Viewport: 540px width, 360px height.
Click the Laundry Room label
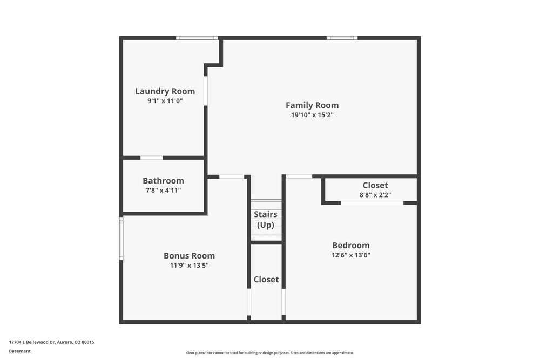pos(165,91)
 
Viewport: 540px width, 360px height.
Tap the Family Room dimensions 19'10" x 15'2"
pos(312,115)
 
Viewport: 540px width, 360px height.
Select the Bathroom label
pos(163,181)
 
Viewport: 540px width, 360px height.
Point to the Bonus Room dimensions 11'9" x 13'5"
pos(189,266)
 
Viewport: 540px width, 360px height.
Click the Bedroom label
pos(350,245)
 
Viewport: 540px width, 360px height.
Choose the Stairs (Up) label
pos(265,220)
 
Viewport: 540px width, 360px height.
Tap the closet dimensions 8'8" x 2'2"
pos(375,195)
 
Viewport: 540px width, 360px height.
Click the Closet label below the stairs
pos(266,279)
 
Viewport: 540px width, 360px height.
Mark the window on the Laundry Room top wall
pos(197,38)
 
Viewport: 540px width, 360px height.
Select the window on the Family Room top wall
pos(342,38)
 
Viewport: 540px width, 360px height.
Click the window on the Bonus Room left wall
pos(121,239)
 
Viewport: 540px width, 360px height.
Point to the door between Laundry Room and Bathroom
pos(152,158)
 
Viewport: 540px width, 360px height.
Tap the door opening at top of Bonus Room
pos(232,176)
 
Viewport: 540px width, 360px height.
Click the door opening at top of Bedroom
pos(299,176)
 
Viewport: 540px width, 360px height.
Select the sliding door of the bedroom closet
pos(372,203)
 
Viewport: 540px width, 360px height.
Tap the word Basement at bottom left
pos(20,351)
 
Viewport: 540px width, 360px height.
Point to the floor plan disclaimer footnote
pos(270,353)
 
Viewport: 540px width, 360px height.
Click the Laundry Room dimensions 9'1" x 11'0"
pos(165,100)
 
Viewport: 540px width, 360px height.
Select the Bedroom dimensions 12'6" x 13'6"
pos(350,255)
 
